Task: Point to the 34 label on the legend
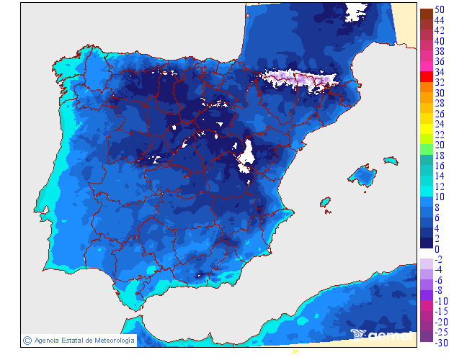point(440,73)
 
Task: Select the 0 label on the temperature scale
point(437,249)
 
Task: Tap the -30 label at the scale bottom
point(441,342)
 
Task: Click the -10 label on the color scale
point(441,300)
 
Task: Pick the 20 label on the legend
point(440,145)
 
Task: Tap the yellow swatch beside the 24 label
point(426,124)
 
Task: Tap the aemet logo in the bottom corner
point(382,334)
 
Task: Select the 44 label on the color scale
point(440,21)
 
